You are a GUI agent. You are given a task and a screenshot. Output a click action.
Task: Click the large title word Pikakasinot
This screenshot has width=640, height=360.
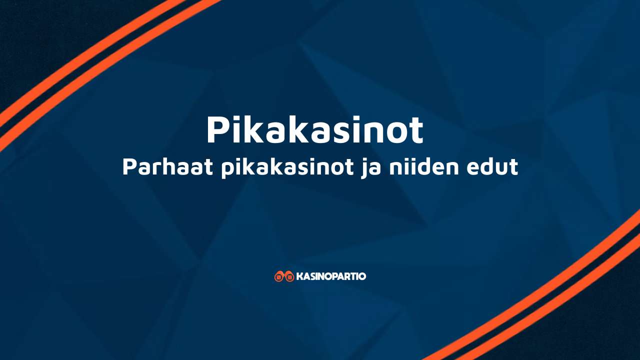pyautogui.click(x=314, y=130)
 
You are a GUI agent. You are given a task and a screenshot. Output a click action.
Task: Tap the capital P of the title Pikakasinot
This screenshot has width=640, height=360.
pyautogui.click(x=218, y=130)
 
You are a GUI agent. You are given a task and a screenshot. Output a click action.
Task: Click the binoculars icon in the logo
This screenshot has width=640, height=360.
pyautogui.click(x=284, y=276)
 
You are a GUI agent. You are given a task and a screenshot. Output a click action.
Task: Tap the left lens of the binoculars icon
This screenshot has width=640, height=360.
pyautogui.click(x=279, y=277)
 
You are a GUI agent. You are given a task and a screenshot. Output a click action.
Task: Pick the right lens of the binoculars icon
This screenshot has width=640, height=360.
pyautogui.click(x=289, y=277)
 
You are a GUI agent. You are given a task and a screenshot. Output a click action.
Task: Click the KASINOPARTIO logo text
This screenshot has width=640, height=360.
pyautogui.click(x=331, y=276)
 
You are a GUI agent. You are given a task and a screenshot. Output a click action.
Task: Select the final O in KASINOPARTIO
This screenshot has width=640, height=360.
pyautogui.click(x=362, y=276)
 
